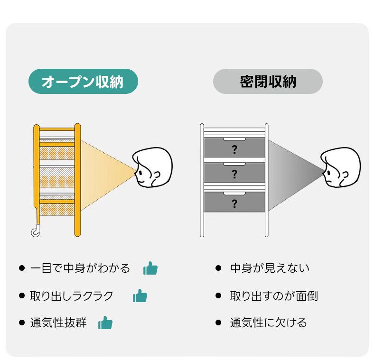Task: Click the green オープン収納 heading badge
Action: click(83, 82)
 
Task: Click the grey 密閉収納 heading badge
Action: click(268, 82)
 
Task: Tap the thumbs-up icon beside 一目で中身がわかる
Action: click(150, 268)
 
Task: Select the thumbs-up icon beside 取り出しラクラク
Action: click(140, 296)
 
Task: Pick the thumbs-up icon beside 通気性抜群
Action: click(105, 323)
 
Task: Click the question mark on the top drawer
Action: click(234, 150)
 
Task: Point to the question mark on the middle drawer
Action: click(234, 174)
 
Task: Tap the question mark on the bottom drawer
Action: click(234, 204)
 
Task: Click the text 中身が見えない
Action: click(270, 268)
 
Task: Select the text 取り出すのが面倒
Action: click(274, 296)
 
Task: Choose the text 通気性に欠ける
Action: click(269, 323)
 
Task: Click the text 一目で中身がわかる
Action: click(80, 268)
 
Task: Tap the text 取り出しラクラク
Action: click(72, 296)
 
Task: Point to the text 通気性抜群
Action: click(58, 323)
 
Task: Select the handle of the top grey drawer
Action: click(234, 139)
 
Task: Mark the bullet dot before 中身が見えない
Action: click(218, 268)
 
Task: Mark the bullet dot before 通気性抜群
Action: click(22, 323)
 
